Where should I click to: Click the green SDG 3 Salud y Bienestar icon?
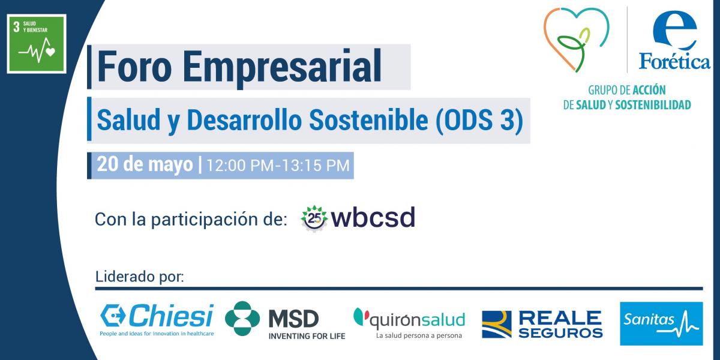click(37, 44)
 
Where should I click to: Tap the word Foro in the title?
click(134, 67)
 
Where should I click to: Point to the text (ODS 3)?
click(479, 120)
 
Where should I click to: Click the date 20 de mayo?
click(145, 164)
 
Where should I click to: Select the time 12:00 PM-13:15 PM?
click(278, 165)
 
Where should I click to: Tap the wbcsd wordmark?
click(373, 217)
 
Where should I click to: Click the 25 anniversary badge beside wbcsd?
click(314, 218)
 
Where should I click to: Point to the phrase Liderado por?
click(139, 277)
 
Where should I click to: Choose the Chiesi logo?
click(157, 320)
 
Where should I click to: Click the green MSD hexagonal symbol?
click(242, 319)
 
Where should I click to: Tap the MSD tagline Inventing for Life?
click(307, 336)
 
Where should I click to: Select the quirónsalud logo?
click(409, 323)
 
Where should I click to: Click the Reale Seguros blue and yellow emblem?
click(497, 325)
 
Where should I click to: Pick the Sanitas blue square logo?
click(661, 323)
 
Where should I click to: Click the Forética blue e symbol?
click(674, 30)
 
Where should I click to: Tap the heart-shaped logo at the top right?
click(576, 39)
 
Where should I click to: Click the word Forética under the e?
click(674, 61)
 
